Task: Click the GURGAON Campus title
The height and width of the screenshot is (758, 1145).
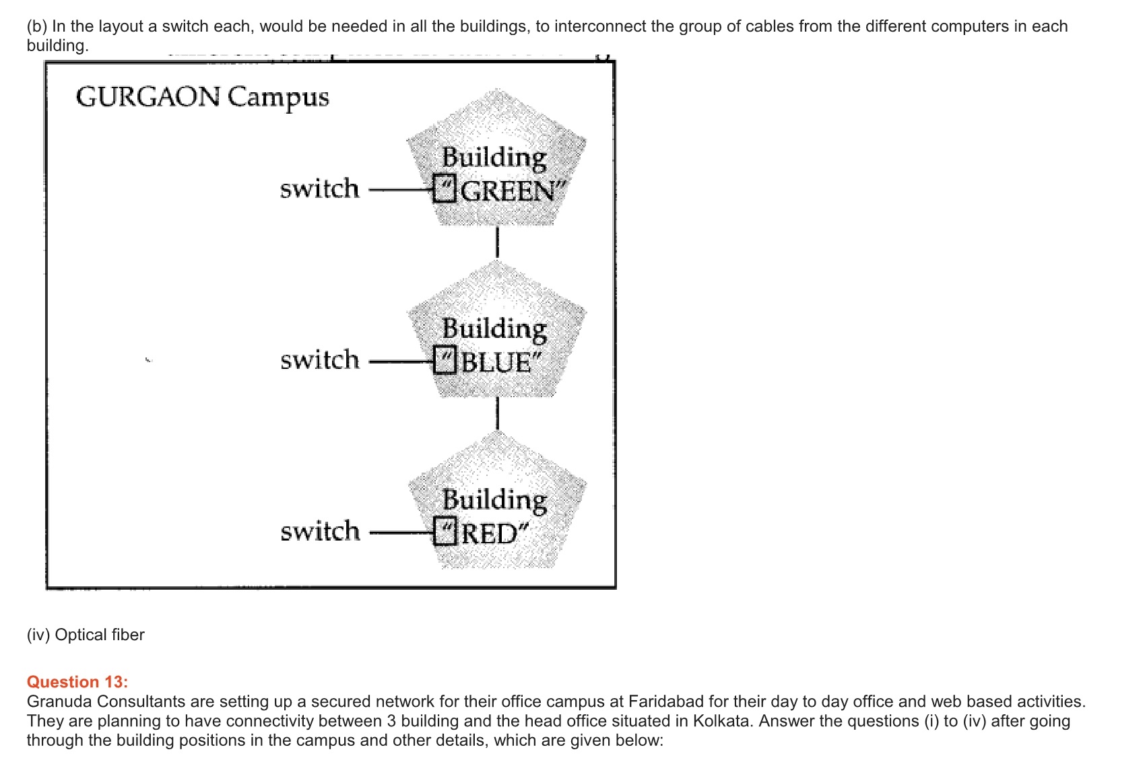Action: (x=202, y=97)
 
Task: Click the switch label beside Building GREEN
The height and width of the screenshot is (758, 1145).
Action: (x=319, y=188)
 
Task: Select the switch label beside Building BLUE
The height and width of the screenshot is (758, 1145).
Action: (x=320, y=360)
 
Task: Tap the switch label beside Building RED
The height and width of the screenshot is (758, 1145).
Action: (x=320, y=531)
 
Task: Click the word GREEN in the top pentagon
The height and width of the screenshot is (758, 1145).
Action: (x=509, y=191)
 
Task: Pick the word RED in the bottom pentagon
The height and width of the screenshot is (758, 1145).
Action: (x=490, y=534)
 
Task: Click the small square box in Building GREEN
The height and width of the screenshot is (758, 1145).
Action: (x=445, y=188)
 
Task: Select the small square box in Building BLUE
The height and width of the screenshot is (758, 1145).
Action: (x=445, y=360)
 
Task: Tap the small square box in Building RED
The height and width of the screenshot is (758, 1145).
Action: (x=445, y=531)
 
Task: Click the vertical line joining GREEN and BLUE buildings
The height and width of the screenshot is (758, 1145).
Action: (x=497, y=243)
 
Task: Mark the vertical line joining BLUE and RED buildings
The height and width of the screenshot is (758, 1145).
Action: (x=497, y=413)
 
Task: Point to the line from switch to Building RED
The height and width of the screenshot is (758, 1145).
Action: (x=401, y=532)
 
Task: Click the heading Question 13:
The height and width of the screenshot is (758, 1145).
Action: (x=77, y=682)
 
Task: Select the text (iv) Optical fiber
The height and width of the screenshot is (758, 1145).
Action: (x=86, y=635)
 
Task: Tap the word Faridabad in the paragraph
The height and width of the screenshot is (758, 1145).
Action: (x=666, y=701)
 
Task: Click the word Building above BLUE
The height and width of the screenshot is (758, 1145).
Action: (x=494, y=329)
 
